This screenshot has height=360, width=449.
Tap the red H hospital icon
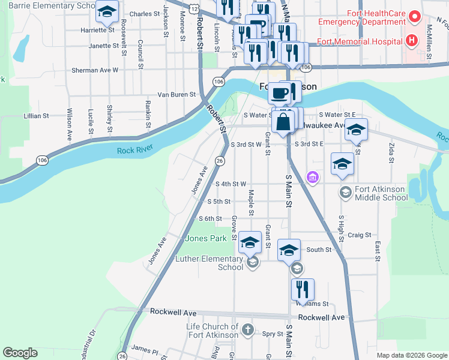411,41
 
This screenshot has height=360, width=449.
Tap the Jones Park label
206,238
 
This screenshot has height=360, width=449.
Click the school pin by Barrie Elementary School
107,11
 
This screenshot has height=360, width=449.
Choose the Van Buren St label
176,94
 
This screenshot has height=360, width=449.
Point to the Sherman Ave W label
95,70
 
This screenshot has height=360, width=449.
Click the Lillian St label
35,116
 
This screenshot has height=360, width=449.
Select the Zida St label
391,152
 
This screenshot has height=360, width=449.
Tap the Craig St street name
360,236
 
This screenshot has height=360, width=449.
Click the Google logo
20,353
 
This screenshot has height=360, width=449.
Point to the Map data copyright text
411,355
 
